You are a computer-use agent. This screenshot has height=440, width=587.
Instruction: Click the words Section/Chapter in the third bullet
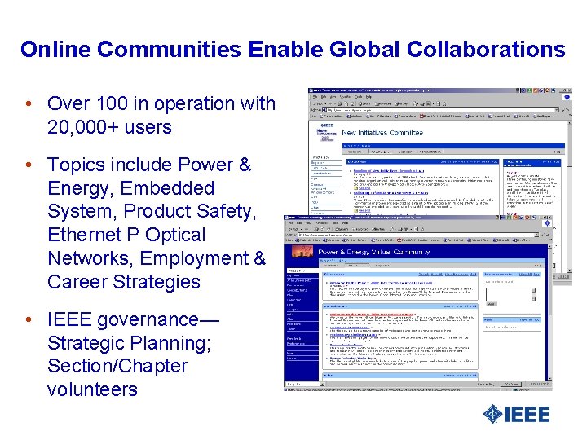click(117, 366)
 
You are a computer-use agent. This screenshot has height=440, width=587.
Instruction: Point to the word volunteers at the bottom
click(92, 389)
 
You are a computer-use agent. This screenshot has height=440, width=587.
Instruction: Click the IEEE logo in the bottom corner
click(515, 413)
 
